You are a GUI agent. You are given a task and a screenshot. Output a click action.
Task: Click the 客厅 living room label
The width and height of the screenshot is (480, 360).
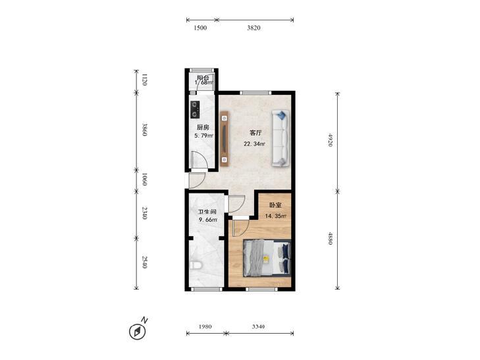(255, 133)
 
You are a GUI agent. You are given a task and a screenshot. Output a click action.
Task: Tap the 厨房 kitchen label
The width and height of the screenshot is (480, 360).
(203, 127)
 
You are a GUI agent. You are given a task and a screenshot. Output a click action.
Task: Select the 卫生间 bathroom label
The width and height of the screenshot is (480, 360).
(207, 212)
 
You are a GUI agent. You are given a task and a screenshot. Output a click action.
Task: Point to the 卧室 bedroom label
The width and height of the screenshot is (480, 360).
(275, 205)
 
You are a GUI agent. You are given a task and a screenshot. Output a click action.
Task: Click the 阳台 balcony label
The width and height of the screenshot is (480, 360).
(203, 78)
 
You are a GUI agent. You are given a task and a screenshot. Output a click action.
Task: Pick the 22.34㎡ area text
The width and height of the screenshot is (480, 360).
(254, 143)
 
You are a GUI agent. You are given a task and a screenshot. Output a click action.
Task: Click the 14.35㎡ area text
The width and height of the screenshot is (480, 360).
(275, 216)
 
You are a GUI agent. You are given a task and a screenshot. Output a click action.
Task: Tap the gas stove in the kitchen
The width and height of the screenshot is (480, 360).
(195, 110)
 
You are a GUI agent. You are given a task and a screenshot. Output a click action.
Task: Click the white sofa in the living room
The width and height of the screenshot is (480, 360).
(280, 138)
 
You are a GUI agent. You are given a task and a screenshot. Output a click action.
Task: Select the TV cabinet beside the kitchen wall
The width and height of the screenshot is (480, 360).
(225, 139)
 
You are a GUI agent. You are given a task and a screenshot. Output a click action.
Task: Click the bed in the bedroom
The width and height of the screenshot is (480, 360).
(267, 258)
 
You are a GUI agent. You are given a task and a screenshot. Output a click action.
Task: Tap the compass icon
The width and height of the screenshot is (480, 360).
(137, 332)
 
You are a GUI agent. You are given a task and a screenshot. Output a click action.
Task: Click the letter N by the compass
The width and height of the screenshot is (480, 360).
(144, 321)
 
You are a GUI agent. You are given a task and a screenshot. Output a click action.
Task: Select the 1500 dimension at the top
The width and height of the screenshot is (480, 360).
(201, 28)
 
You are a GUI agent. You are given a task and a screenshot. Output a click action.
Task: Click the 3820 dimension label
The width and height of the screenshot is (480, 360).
(253, 28)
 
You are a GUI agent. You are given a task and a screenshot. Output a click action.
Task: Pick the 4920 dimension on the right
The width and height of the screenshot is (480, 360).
(330, 140)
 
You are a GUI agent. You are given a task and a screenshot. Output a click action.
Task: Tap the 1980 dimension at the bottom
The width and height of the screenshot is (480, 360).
(205, 326)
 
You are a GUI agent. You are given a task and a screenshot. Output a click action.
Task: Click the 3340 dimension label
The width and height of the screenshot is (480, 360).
(258, 326)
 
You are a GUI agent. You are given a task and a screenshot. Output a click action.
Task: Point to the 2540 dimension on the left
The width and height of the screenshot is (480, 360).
(145, 261)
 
